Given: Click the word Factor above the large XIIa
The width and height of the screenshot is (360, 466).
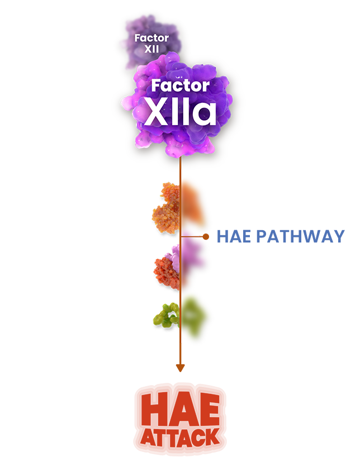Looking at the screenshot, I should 181,85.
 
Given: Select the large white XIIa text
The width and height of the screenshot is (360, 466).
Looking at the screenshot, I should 180,112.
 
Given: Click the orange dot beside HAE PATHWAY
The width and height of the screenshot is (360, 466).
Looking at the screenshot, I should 206,237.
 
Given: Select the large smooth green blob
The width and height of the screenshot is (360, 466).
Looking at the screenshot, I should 197,316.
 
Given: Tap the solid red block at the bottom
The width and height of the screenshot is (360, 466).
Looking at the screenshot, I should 181,417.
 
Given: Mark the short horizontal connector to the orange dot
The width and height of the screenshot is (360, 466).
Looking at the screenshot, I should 193,237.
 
